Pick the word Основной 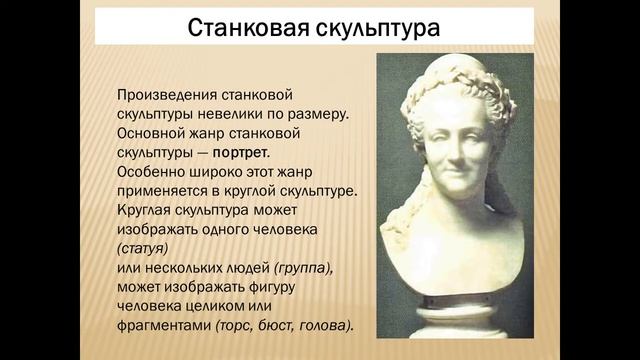pyautogui.click(x=149, y=133)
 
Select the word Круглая pyautogui.click(x=146, y=211)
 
